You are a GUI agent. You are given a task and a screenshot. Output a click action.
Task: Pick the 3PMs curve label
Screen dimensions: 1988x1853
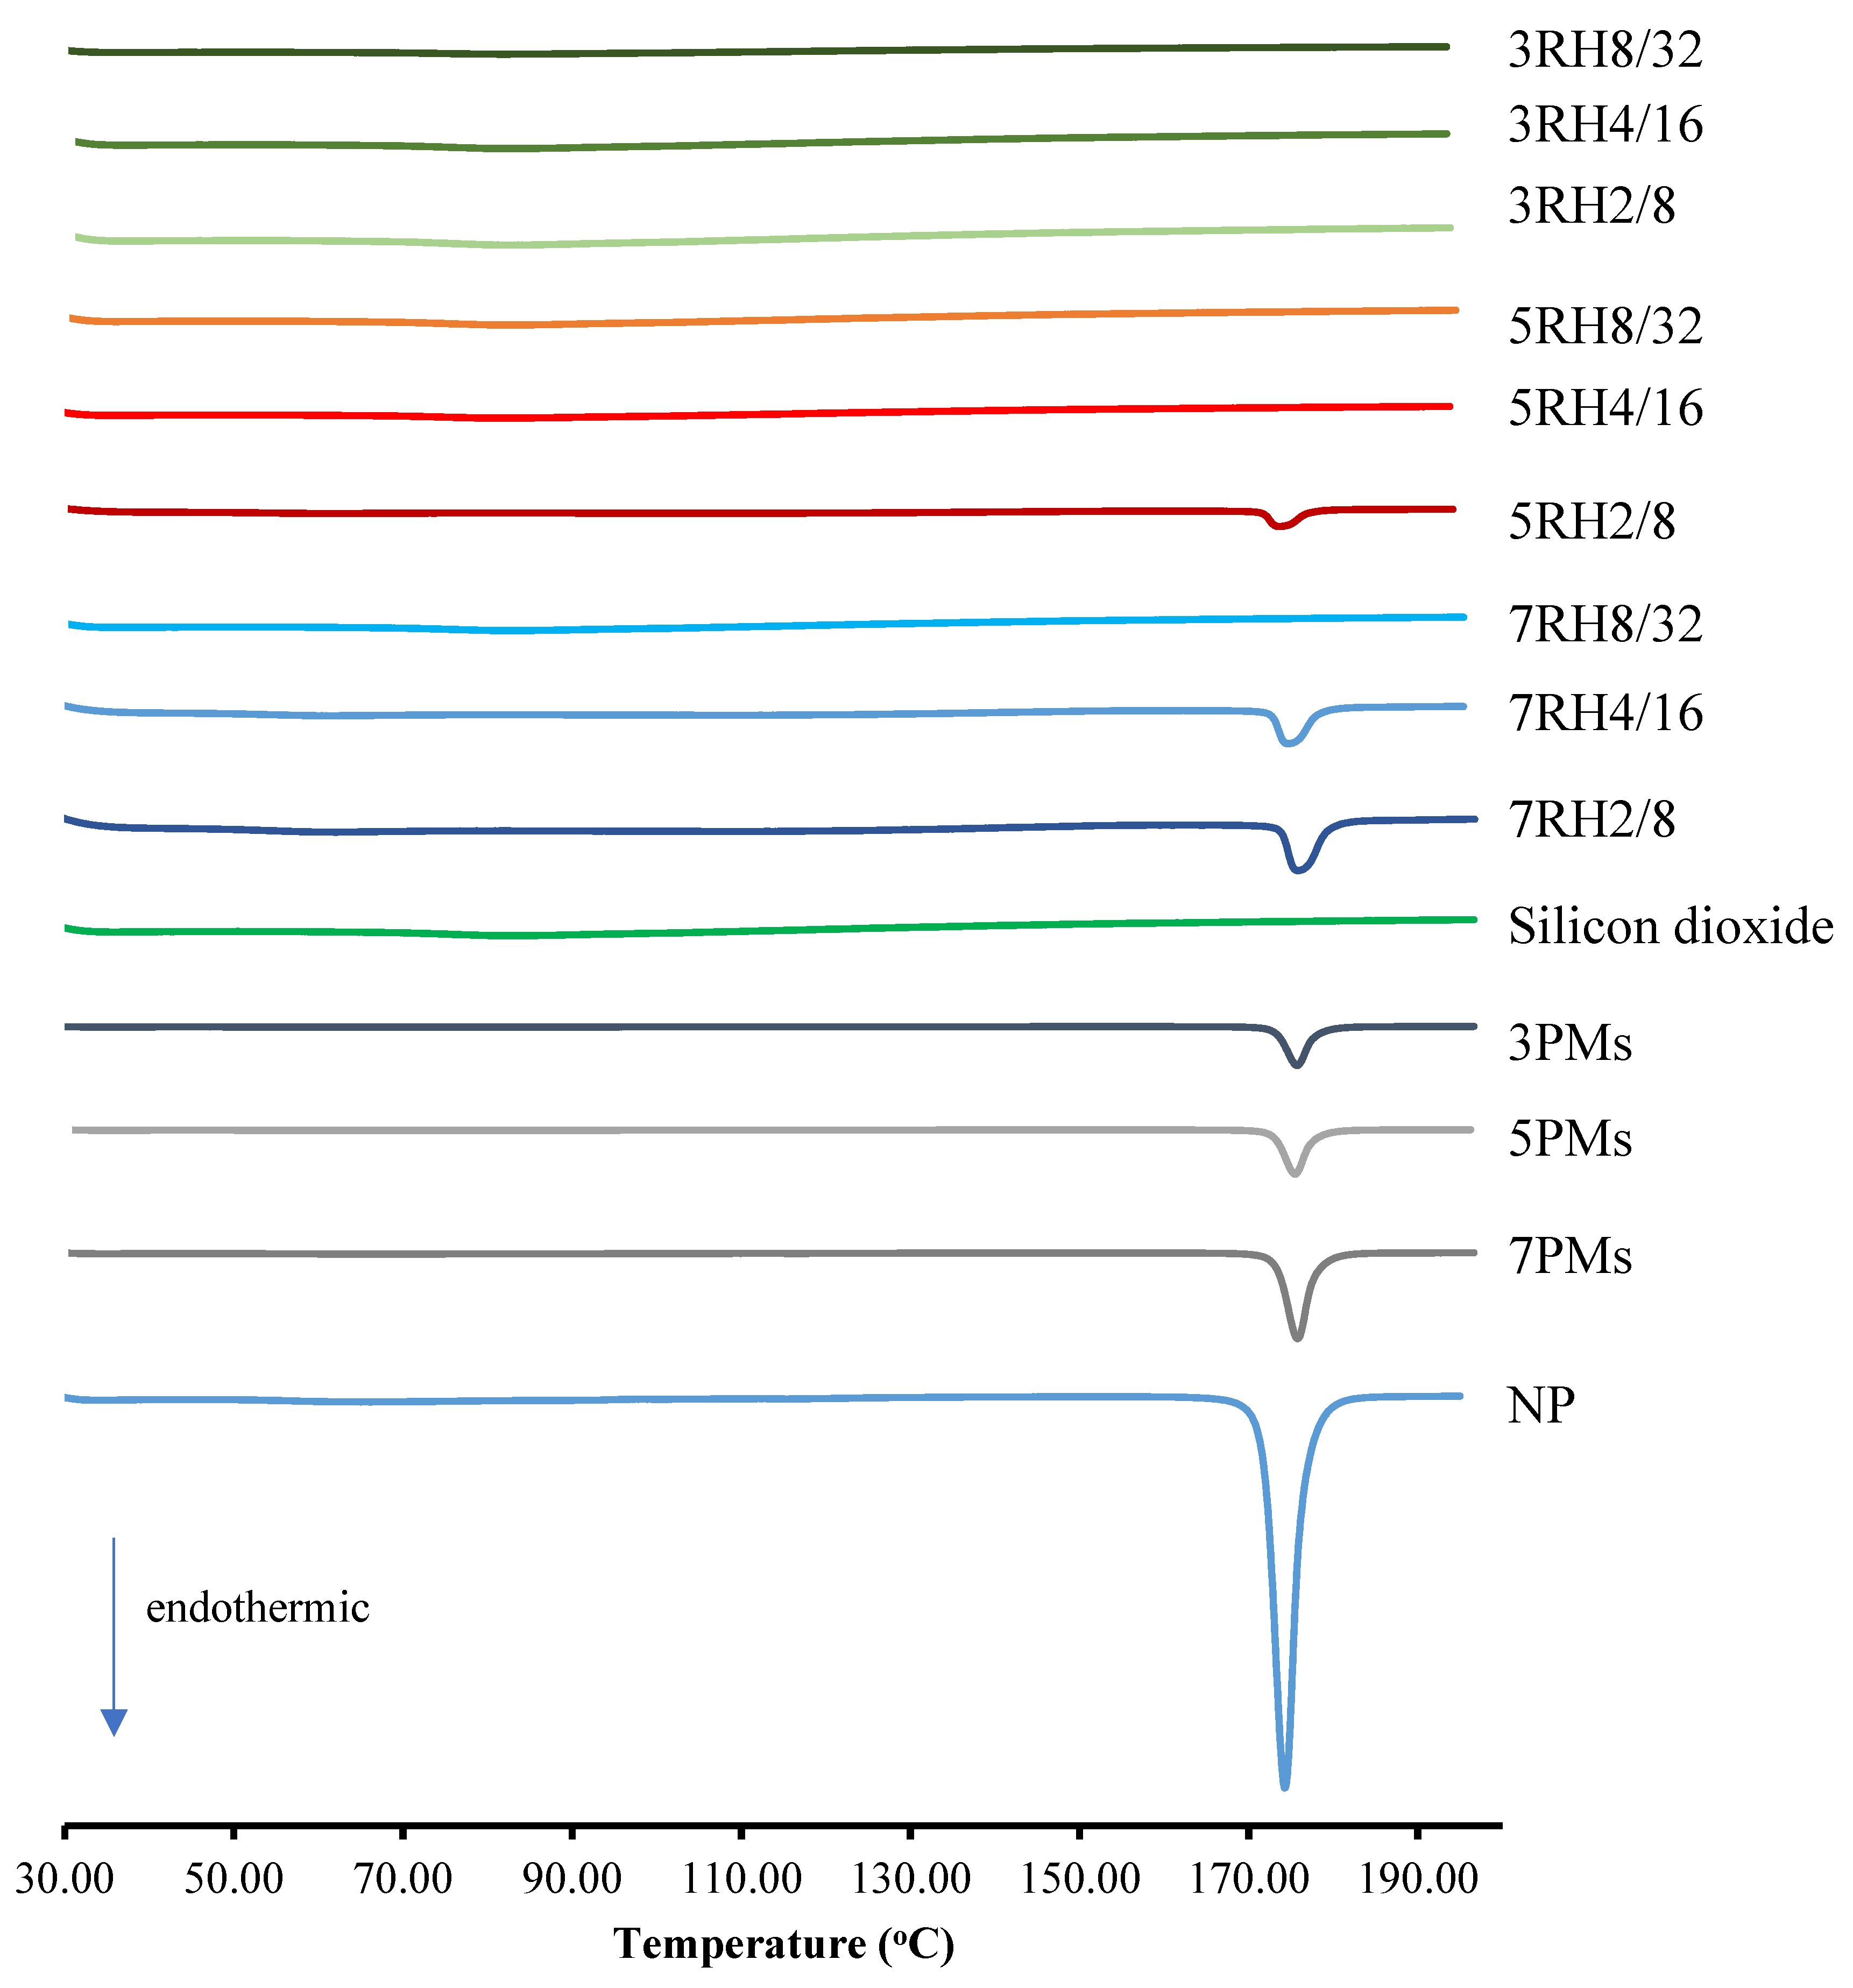tap(1570, 1043)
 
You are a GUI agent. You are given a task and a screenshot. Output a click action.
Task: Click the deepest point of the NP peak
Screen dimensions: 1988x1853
tap(1284, 1786)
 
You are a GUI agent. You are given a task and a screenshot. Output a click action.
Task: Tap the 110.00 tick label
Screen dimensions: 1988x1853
tap(741, 1879)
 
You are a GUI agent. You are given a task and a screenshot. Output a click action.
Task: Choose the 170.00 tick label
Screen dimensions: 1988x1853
tap(1248, 1879)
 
